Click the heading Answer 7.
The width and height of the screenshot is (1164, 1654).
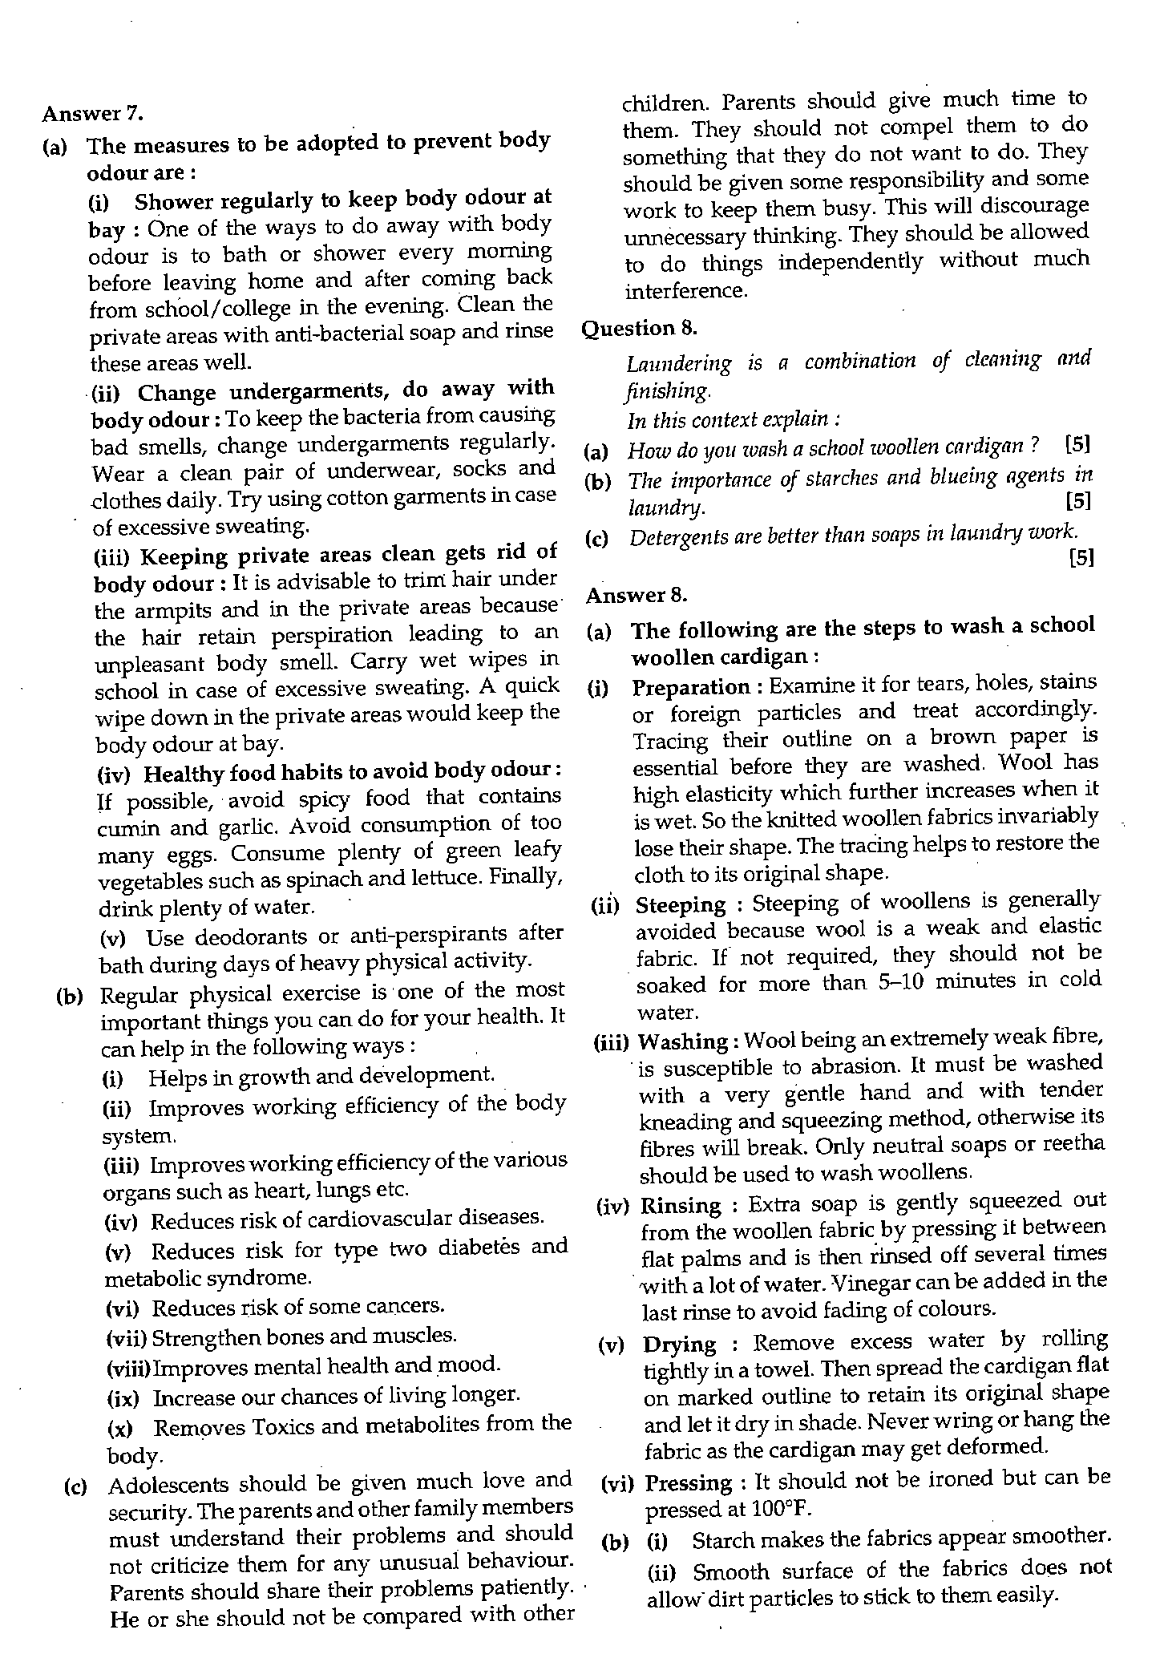(x=92, y=113)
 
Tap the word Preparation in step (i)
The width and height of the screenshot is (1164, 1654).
(x=691, y=687)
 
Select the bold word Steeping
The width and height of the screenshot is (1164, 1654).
(x=680, y=905)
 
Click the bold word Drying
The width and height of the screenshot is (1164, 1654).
(x=680, y=1344)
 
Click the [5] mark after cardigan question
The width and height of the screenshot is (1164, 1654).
(x=1078, y=443)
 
